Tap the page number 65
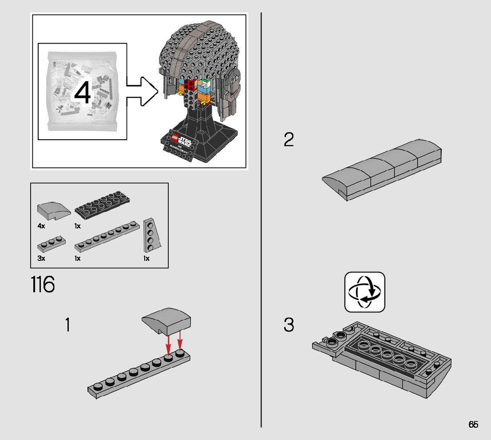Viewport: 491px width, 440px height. coord(473,424)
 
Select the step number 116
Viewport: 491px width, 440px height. coord(43,285)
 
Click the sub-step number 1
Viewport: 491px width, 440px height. coord(67,325)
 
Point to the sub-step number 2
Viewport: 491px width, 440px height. coord(289,140)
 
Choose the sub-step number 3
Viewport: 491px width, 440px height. coord(289,325)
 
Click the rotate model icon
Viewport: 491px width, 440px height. coord(365,292)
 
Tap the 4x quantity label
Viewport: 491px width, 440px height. coord(41,226)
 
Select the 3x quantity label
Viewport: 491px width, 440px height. coord(41,258)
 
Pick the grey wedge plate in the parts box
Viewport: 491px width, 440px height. coord(150,235)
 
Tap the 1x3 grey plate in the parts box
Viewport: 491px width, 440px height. coord(51,242)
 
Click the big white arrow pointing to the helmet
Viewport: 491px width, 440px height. coord(142,91)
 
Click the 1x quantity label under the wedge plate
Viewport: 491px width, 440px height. coord(147,258)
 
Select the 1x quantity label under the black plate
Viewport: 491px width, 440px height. coord(78,226)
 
